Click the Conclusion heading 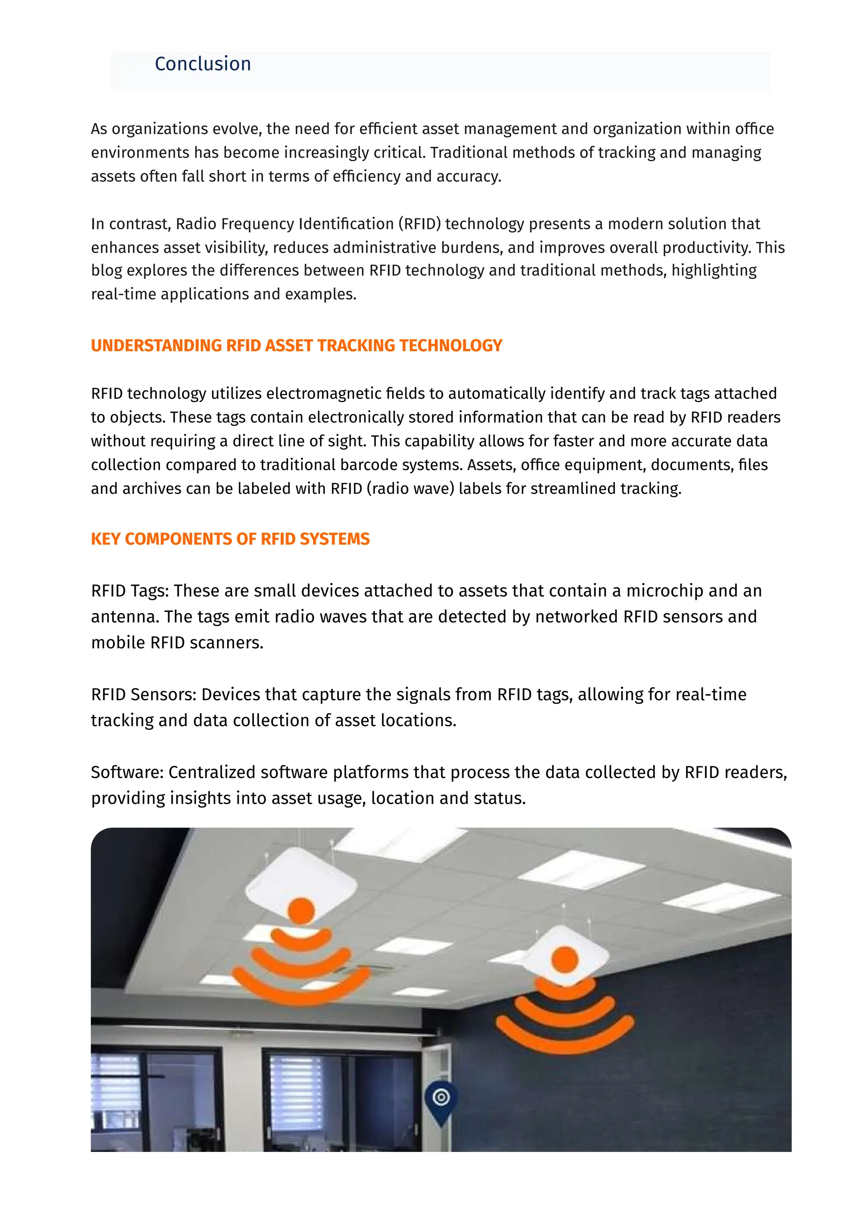(202, 64)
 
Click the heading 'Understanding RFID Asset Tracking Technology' (296, 345)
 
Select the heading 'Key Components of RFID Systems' (230, 539)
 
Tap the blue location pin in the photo (441, 1100)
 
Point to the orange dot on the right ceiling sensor (565, 959)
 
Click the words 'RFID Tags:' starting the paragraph (129, 591)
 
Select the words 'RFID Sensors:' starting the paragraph (143, 694)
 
